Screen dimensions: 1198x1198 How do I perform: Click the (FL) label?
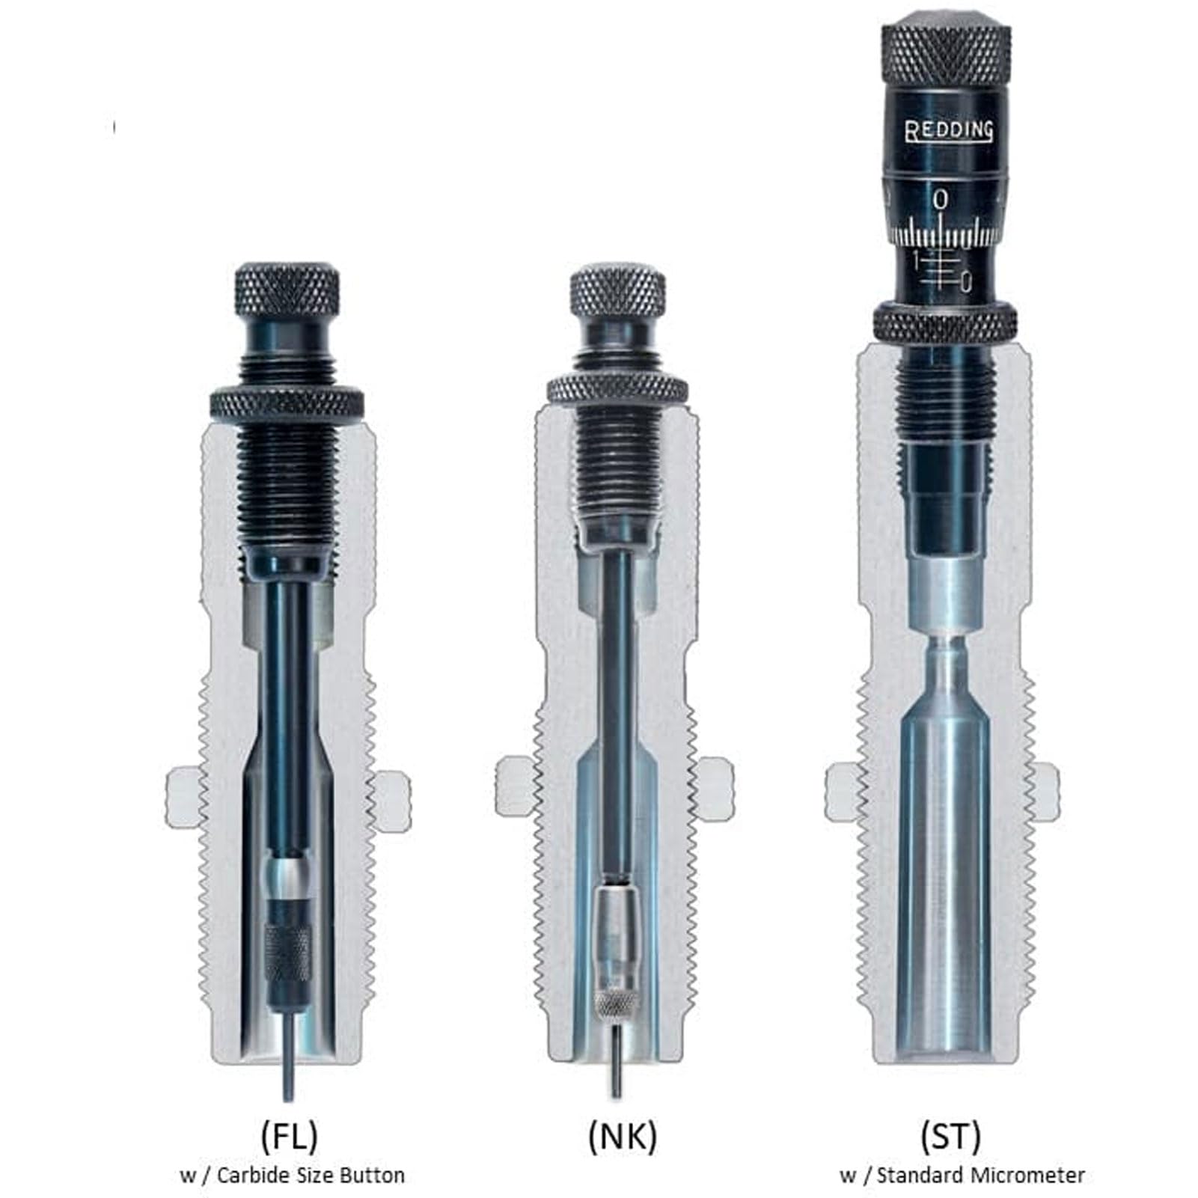(x=289, y=1137)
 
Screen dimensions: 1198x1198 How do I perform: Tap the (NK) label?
(x=622, y=1137)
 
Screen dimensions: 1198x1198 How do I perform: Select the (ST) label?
(x=950, y=1137)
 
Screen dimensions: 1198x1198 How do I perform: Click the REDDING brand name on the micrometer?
(x=950, y=132)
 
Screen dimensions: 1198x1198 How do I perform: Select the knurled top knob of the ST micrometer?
(x=947, y=49)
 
